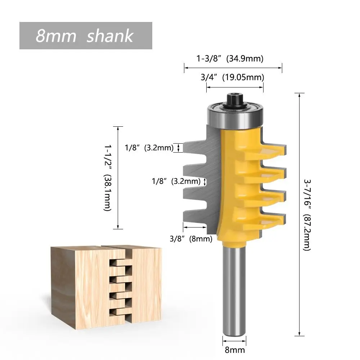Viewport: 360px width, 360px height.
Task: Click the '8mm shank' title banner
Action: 86,36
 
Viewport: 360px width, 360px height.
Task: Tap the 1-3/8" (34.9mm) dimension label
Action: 230,59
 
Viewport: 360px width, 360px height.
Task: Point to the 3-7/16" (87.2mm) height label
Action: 307,215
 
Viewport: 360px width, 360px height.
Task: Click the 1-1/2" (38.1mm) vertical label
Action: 107,178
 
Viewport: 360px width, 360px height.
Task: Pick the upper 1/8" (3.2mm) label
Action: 149,148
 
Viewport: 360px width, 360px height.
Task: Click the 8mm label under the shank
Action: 234,350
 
